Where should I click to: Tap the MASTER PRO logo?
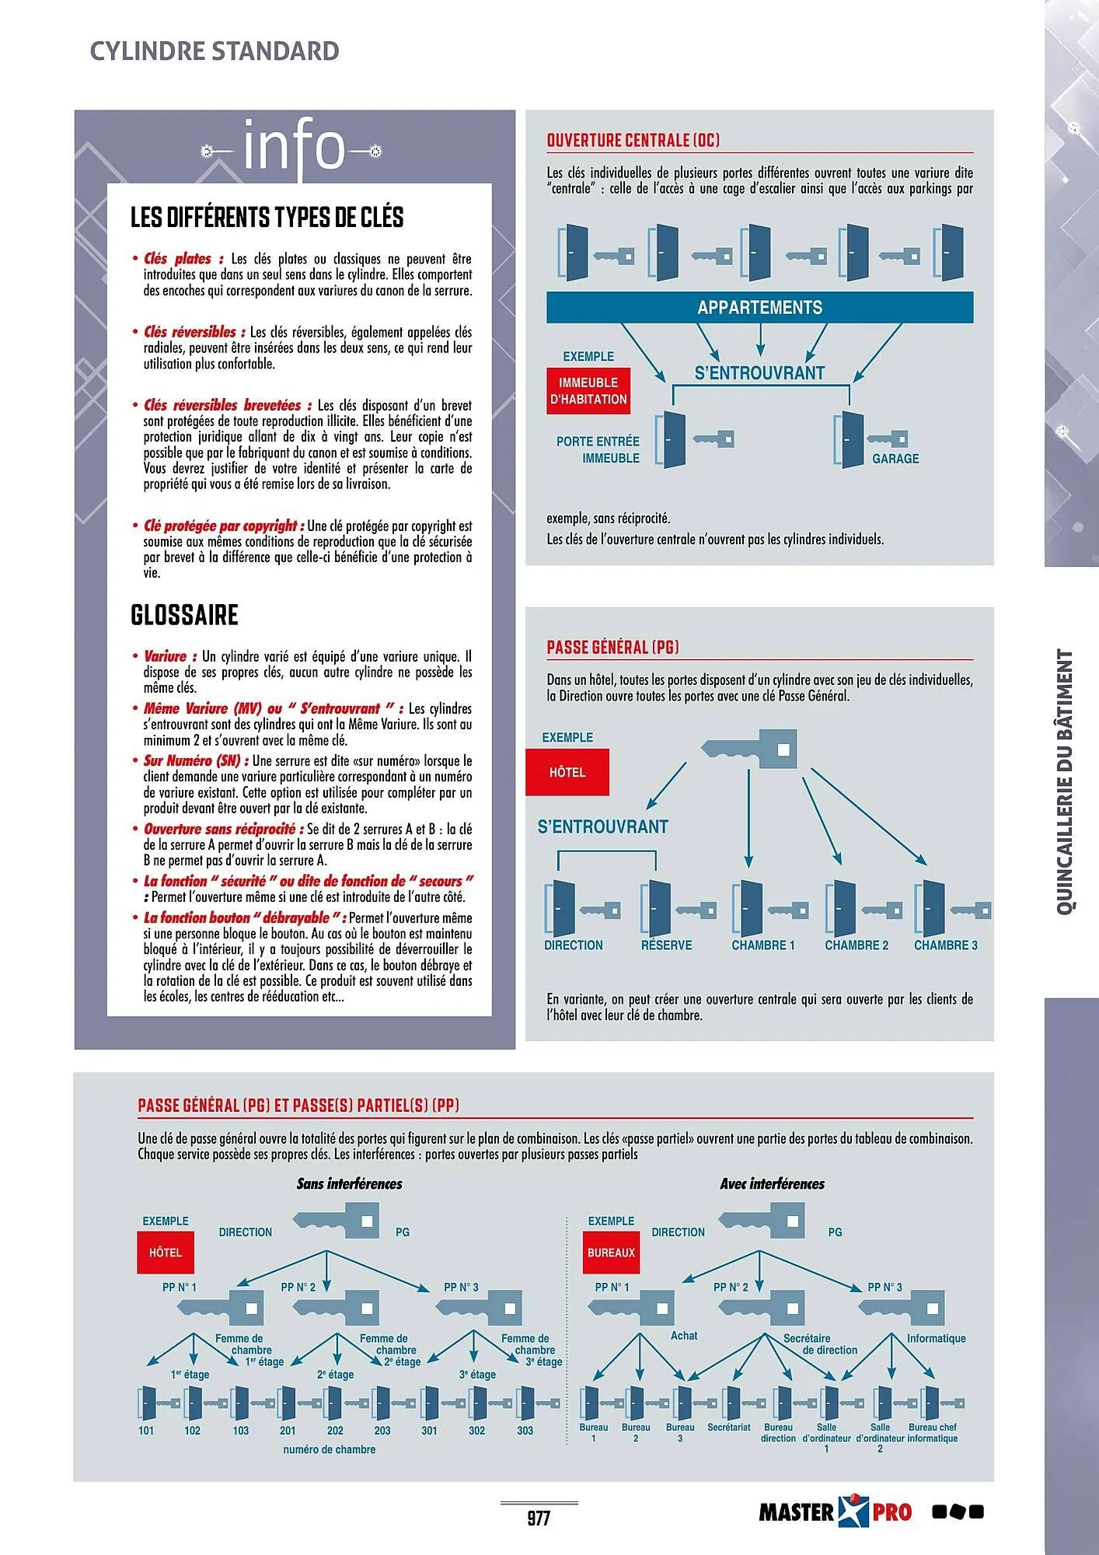pyautogui.click(x=835, y=1512)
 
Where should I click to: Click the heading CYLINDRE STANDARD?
pyautogui.click(x=215, y=51)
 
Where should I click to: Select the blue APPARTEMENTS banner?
pyautogui.click(x=759, y=307)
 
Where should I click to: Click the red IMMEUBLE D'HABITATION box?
pyautogui.click(x=588, y=391)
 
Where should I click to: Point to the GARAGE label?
pyautogui.click(x=895, y=459)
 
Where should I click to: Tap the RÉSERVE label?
pyautogui.click(x=666, y=945)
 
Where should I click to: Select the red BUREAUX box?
pyautogui.click(x=611, y=1253)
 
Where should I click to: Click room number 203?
pyautogui.click(x=382, y=1431)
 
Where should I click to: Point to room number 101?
pyautogui.click(x=146, y=1431)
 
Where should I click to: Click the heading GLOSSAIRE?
pyautogui.click(x=184, y=615)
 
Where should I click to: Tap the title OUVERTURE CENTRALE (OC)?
pyautogui.click(x=633, y=141)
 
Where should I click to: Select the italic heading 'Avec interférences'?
pyautogui.click(x=772, y=1184)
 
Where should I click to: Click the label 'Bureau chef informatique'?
pyautogui.click(x=933, y=1433)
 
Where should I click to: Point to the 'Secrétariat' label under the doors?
pyautogui.click(x=729, y=1427)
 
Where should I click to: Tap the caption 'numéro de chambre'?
pyautogui.click(x=330, y=1450)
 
